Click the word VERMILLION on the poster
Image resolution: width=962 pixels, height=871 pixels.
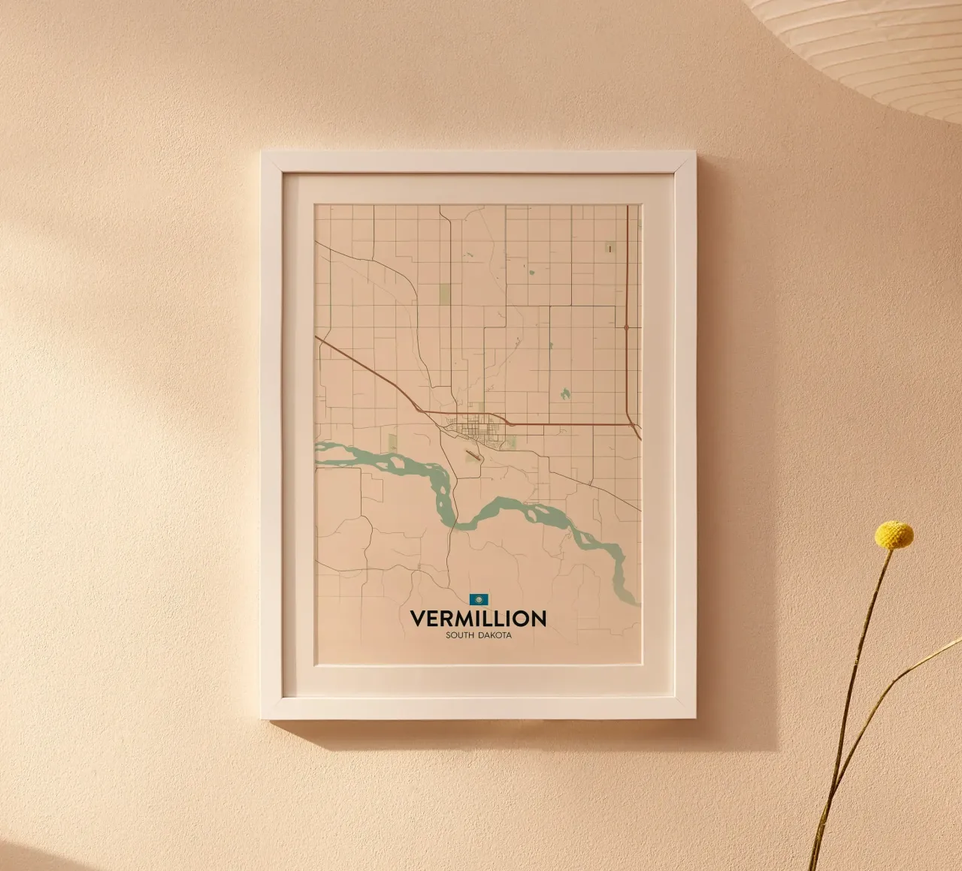tap(478, 619)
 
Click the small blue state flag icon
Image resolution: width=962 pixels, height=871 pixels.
tap(478, 599)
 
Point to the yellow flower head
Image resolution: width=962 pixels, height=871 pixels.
tap(894, 535)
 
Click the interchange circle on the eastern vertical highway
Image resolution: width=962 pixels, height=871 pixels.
tap(626, 327)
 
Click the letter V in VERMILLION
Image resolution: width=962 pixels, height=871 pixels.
tap(418, 619)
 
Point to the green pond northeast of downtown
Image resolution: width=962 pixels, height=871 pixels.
tap(564, 392)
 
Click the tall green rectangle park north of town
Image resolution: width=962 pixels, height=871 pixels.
tap(443, 294)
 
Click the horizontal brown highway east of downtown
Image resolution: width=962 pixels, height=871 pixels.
tap(571, 424)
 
